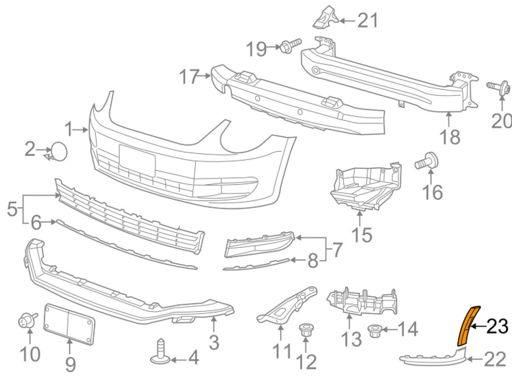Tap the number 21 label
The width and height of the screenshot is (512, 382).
tap(367, 20)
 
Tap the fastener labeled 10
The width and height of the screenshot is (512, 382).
tap(26, 321)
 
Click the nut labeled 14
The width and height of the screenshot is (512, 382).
tap(374, 331)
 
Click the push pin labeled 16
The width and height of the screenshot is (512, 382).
tap(429, 161)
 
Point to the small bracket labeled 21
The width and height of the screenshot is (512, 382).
tap(325, 16)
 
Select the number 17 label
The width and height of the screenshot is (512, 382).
tap(190, 77)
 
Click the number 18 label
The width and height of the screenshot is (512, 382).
tap(449, 137)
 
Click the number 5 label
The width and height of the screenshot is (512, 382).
tap(12, 209)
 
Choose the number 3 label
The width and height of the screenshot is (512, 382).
tap(213, 342)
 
